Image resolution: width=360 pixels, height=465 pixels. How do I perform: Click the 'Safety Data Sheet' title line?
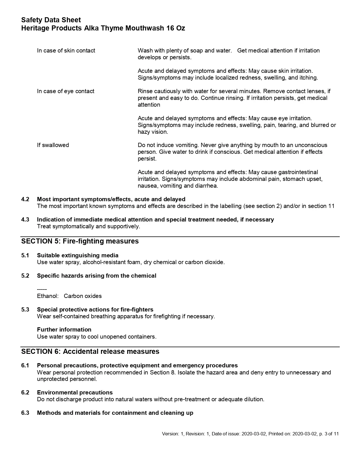pyautogui.click(x=51, y=20)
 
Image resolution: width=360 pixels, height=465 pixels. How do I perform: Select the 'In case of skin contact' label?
pyautogui.click(x=66, y=51)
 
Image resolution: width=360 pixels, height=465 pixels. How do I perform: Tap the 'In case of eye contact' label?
pyautogui.click(x=66, y=91)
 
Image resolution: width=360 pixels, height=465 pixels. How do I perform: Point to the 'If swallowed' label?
pyautogui.click(x=53, y=145)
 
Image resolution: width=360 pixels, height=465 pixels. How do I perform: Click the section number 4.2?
pyautogui.click(x=25, y=199)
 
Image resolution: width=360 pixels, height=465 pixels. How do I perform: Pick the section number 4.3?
pyautogui.click(x=25, y=220)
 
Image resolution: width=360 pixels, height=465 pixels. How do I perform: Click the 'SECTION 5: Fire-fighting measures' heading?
pyautogui.click(x=80, y=241)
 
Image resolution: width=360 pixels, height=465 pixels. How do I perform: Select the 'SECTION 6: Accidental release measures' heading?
pyautogui.click(x=90, y=351)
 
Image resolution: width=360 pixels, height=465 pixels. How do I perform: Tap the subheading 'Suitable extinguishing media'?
pyautogui.click(x=78, y=255)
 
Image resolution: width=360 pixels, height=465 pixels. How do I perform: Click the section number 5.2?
pyautogui.click(x=25, y=276)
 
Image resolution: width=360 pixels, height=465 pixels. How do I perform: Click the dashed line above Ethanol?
pyautogui.click(x=42, y=289)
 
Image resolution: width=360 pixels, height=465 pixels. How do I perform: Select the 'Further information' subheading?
pyautogui.click(x=64, y=330)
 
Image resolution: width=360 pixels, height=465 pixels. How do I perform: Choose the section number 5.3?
pyautogui.click(x=25, y=310)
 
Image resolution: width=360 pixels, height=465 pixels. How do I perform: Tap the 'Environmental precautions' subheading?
pyautogui.click(x=75, y=392)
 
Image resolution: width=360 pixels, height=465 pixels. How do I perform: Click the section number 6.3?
pyautogui.click(x=25, y=413)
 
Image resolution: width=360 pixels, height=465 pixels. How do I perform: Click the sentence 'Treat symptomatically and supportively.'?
pyautogui.click(x=88, y=226)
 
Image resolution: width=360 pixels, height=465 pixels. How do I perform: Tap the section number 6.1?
pyautogui.click(x=25, y=365)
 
